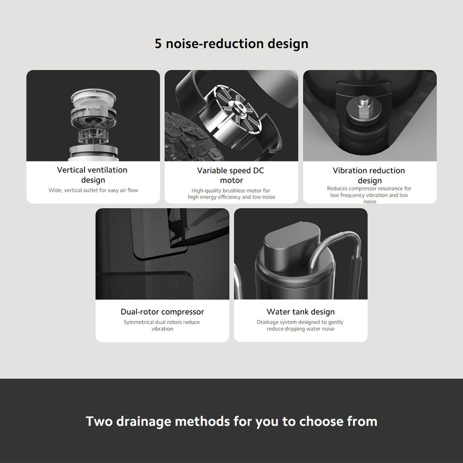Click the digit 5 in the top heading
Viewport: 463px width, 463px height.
(158, 43)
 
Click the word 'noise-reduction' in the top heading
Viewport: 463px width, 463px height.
(214, 43)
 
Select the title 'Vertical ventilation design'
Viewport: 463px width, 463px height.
(93, 175)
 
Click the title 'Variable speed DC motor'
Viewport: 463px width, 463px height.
(231, 175)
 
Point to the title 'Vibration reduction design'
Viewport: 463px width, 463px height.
(369, 175)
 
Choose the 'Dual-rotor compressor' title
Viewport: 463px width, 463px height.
(163, 312)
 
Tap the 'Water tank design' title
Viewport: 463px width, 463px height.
(300, 312)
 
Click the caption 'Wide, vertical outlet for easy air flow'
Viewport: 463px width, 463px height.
(94, 190)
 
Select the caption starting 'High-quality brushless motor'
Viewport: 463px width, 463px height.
(231, 194)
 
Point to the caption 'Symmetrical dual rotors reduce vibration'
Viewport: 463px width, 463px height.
(162, 326)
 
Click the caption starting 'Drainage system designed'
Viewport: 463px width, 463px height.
(300, 326)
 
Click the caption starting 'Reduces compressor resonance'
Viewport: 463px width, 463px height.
(369, 195)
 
